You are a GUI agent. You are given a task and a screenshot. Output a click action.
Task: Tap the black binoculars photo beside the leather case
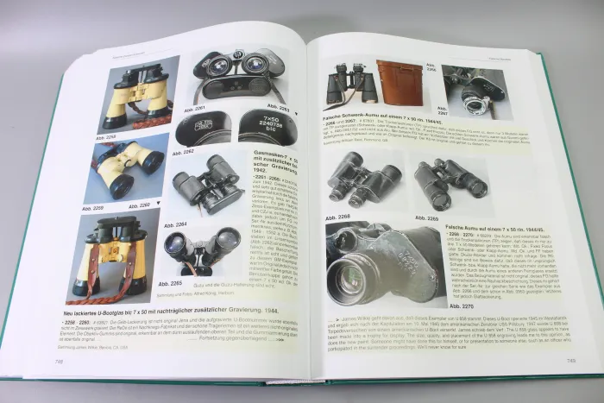click(x=349, y=85)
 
